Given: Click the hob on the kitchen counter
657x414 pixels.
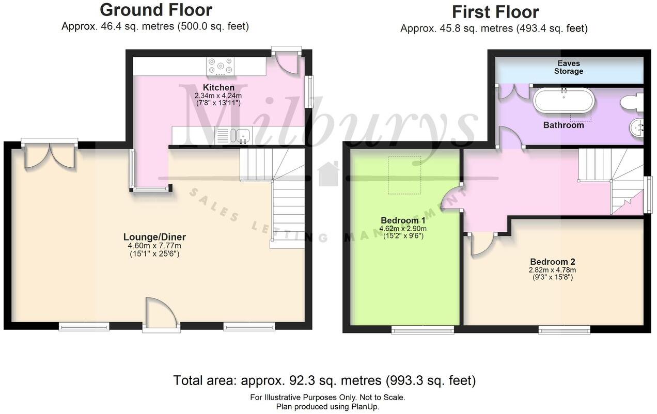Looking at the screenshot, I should point(221,67).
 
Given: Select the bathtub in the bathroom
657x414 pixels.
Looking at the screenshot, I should point(564,101).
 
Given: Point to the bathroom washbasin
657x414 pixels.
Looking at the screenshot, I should point(637,126).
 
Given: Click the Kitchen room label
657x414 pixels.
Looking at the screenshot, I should point(218,88).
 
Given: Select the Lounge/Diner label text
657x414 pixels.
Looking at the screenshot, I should point(154,237).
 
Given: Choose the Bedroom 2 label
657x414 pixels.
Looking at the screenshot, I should point(552,261).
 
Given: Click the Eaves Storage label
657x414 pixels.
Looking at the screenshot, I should point(569,67).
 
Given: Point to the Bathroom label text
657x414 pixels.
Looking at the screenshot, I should point(564,125).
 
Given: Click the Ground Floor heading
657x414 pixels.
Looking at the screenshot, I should point(155,10).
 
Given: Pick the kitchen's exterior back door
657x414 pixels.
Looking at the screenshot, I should point(288,62).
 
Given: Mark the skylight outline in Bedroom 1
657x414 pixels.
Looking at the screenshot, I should point(404,174).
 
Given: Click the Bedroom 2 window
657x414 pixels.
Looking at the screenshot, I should point(564,329).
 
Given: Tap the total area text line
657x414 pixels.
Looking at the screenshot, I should point(324,380).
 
